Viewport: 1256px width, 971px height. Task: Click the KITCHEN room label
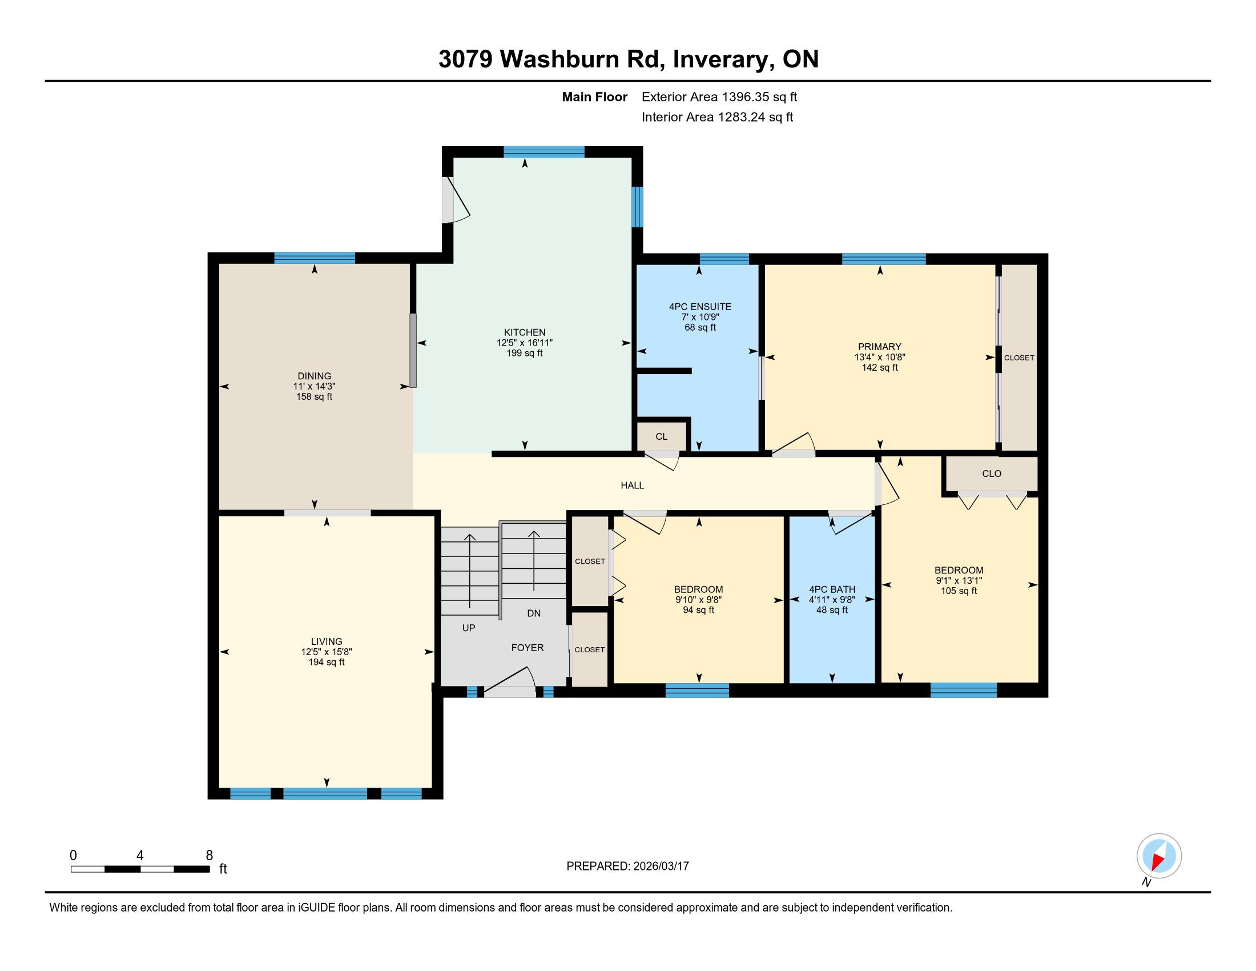click(525, 332)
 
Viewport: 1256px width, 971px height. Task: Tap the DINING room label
click(314, 376)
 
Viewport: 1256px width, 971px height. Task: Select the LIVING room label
click(326, 641)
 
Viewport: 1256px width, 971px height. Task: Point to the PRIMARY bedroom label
click(879, 347)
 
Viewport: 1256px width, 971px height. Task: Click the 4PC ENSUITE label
click(700, 307)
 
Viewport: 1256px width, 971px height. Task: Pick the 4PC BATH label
click(832, 589)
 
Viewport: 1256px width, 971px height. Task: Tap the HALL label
click(632, 485)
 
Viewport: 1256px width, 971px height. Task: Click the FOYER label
click(528, 648)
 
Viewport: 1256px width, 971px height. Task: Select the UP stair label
click(469, 628)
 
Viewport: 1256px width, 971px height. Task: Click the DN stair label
click(534, 613)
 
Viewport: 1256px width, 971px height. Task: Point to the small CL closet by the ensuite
click(661, 436)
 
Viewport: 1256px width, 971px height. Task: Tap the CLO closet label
click(992, 474)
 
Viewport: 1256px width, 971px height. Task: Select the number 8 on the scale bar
click(210, 856)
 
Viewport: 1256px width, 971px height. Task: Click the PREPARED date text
click(627, 866)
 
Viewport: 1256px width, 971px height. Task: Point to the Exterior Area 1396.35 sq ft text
click(719, 97)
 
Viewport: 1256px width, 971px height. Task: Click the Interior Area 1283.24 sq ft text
click(717, 117)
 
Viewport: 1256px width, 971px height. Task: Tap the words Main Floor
click(594, 97)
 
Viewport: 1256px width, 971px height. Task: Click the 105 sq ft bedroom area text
click(959, 591)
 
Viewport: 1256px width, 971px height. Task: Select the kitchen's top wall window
click(544, 152)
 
